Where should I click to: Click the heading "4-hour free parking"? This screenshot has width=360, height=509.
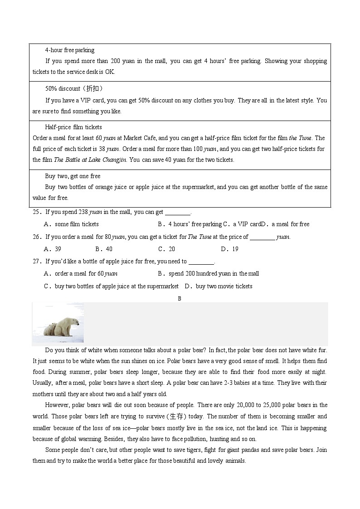pyautogui.click(x=69, y=50)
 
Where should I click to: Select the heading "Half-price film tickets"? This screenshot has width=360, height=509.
pyautogui.click(x=73, y=127)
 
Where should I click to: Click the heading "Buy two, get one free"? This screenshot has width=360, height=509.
pyautogui.click(x=73, y=176)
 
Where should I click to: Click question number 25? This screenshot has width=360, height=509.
pyautogui.click(x=37, y=212)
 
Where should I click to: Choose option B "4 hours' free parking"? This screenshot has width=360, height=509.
pyautogui.click(x=190, y=224)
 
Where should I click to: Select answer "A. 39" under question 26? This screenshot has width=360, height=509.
pyautogui.click(x=52, y=249)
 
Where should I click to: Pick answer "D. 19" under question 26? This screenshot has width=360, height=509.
pyautogui.click(x=229, y=249)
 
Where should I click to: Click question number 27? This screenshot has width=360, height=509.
pyautogui.click(x=37, y=262)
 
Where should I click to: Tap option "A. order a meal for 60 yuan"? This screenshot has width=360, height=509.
pyautogui.click(x=80, y=274)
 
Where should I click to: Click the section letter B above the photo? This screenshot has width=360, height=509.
pyautogui.click(x=180, y=299)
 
